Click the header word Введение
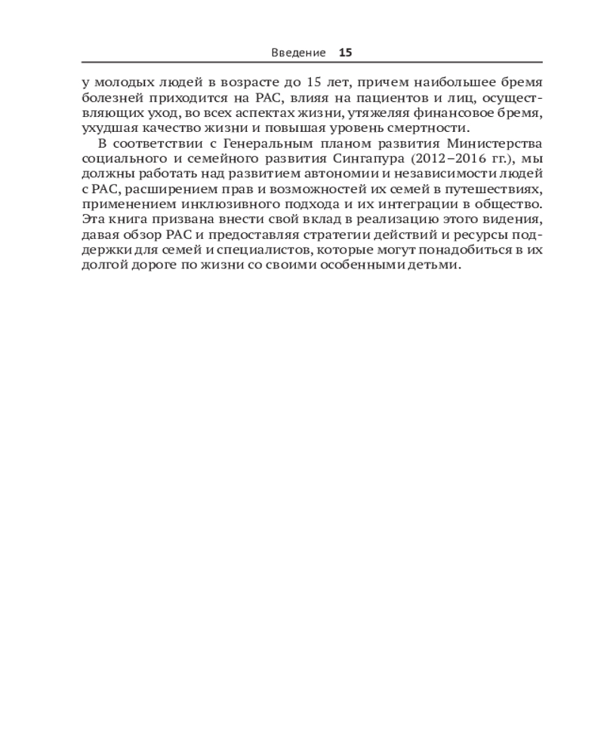pos(298,53)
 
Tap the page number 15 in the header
pos(346,53)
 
